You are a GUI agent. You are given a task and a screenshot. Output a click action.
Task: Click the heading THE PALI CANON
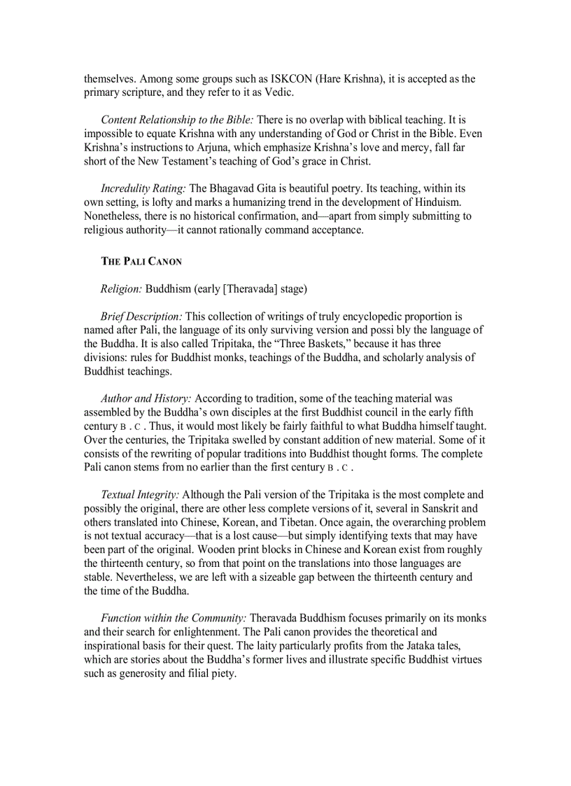point(141,262)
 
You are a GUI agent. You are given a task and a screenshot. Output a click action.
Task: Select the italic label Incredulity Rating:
point(143,188)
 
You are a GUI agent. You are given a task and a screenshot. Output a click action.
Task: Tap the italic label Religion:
point(121,288)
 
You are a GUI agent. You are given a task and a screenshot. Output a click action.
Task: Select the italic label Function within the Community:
point(174,618)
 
